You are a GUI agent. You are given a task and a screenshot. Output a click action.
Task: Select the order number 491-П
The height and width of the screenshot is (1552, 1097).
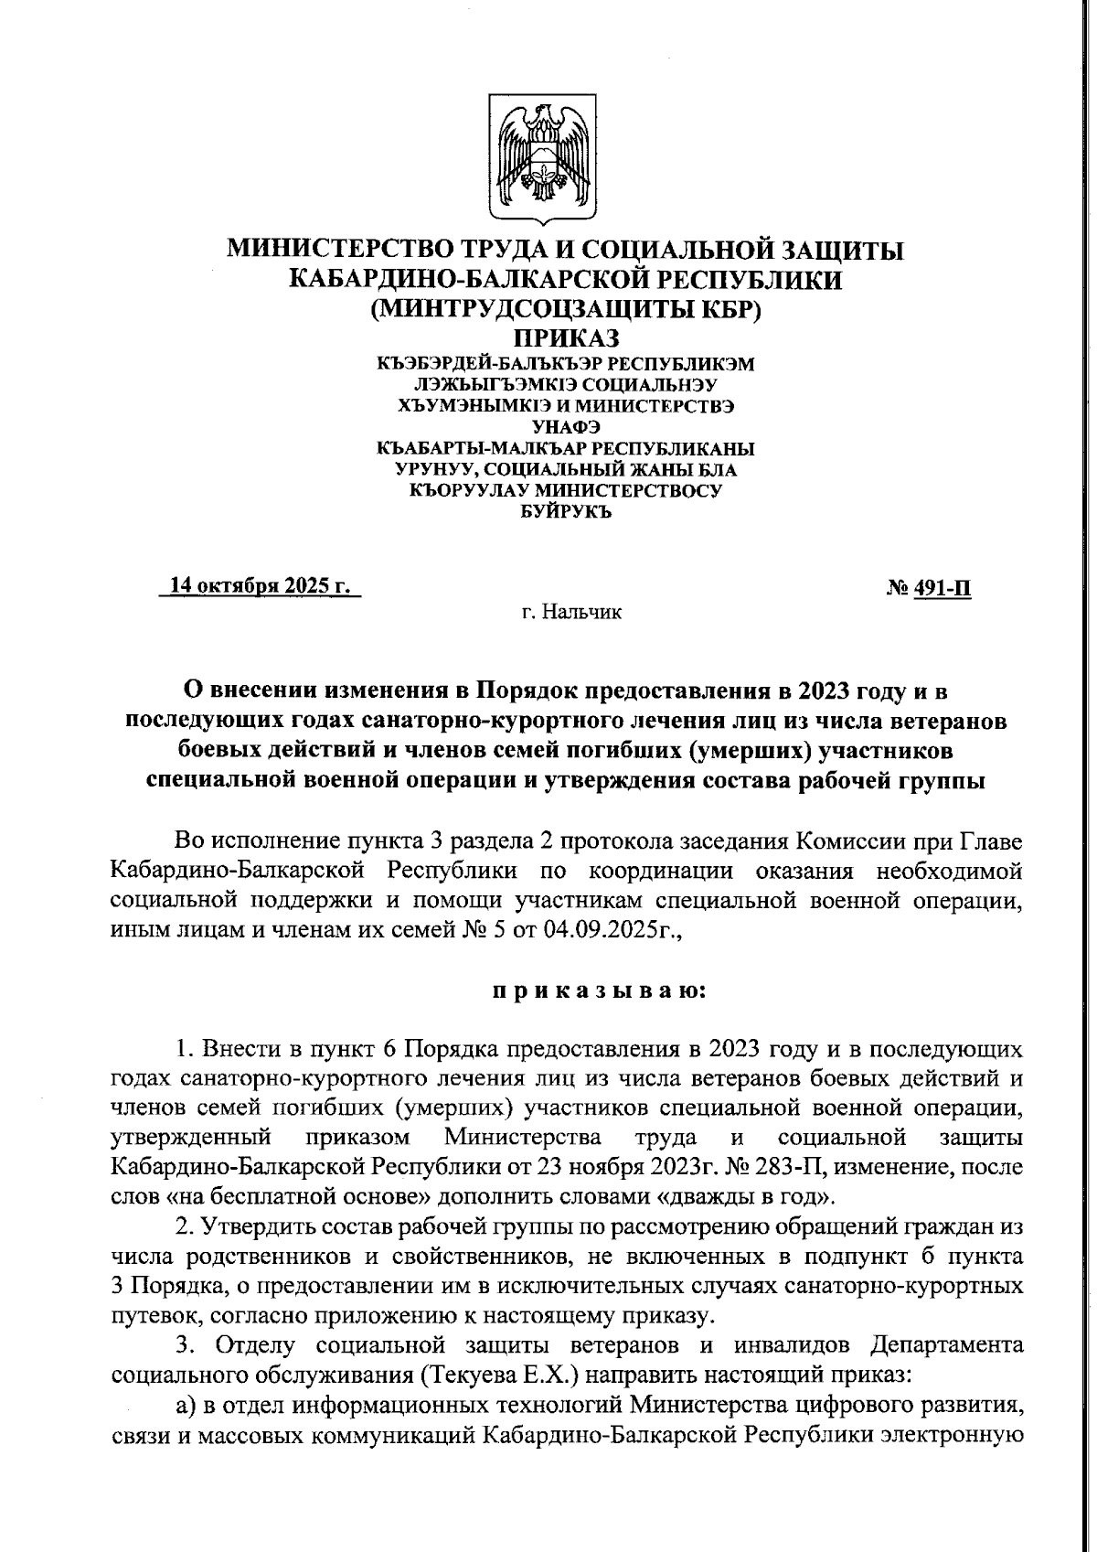pos(943,590)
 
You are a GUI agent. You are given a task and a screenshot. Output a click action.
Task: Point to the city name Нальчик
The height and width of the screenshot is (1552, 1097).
pos(581,612)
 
